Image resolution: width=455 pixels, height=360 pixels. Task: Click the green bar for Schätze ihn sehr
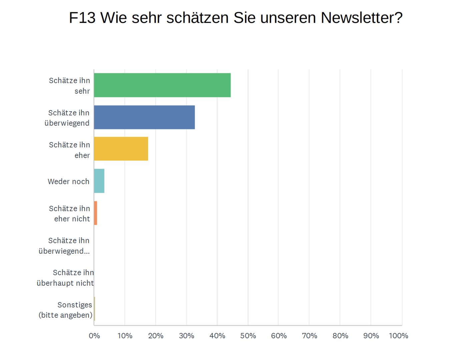point(162,85)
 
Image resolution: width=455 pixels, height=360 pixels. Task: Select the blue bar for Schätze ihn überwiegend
point(144,117)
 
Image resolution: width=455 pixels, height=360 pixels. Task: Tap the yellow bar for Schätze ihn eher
point(121,149)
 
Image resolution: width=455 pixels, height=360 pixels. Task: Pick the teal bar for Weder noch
point(99,181)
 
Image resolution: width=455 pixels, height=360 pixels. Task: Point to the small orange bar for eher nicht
point(95,213)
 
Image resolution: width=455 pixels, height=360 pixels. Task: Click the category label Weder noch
point(68,181)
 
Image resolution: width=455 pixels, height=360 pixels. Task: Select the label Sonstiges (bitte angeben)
point(65,310)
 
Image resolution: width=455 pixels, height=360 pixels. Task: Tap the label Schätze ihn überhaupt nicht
point(65,278)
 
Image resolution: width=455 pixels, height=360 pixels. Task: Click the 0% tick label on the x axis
point(94,336)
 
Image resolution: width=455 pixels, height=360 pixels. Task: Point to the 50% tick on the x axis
point(248,336)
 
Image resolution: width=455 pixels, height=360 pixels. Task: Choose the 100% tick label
point(398,336)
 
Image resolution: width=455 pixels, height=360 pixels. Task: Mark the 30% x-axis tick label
point(186,336)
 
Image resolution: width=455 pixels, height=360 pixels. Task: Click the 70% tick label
point(309,336)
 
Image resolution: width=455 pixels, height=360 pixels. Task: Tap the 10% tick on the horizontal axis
point(125,336)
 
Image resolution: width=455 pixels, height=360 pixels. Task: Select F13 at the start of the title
point(82,18)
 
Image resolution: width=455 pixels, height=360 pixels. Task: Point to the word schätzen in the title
point(197,18)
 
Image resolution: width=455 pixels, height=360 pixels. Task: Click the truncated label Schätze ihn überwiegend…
point(64,246)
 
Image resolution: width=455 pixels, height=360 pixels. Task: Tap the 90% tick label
point(371,336)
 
